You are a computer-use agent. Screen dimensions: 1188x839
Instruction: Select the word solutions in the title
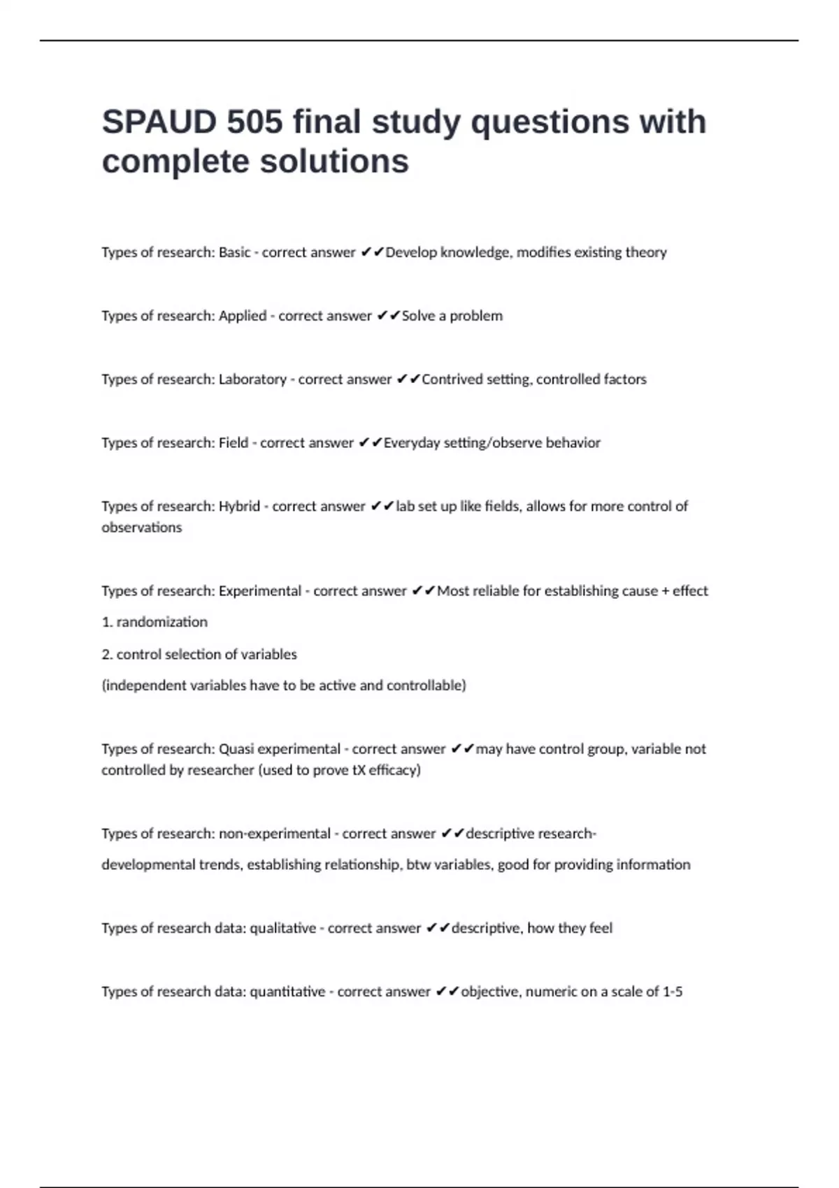point(334,161)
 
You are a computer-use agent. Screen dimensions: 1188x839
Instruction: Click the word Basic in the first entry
point(234,252)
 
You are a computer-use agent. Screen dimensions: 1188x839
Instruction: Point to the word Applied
point(243,316)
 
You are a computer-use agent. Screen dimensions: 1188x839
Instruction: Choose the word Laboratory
point(252,379)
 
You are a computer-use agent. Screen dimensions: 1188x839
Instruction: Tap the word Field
point(234,443)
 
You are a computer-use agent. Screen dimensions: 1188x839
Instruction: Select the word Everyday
point(412,443)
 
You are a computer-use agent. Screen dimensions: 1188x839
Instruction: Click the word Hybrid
point(239,507)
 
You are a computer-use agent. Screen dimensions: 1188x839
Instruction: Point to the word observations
point(141,528)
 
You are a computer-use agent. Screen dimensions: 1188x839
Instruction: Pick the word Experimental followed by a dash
point(259,591)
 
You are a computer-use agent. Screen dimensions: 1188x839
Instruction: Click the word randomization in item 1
point(162,622)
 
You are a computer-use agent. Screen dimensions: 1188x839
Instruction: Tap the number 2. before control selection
point(107,654)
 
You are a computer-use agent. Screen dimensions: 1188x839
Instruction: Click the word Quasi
point(236,749)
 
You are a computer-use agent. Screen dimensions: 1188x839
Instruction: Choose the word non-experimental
point(274,834)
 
